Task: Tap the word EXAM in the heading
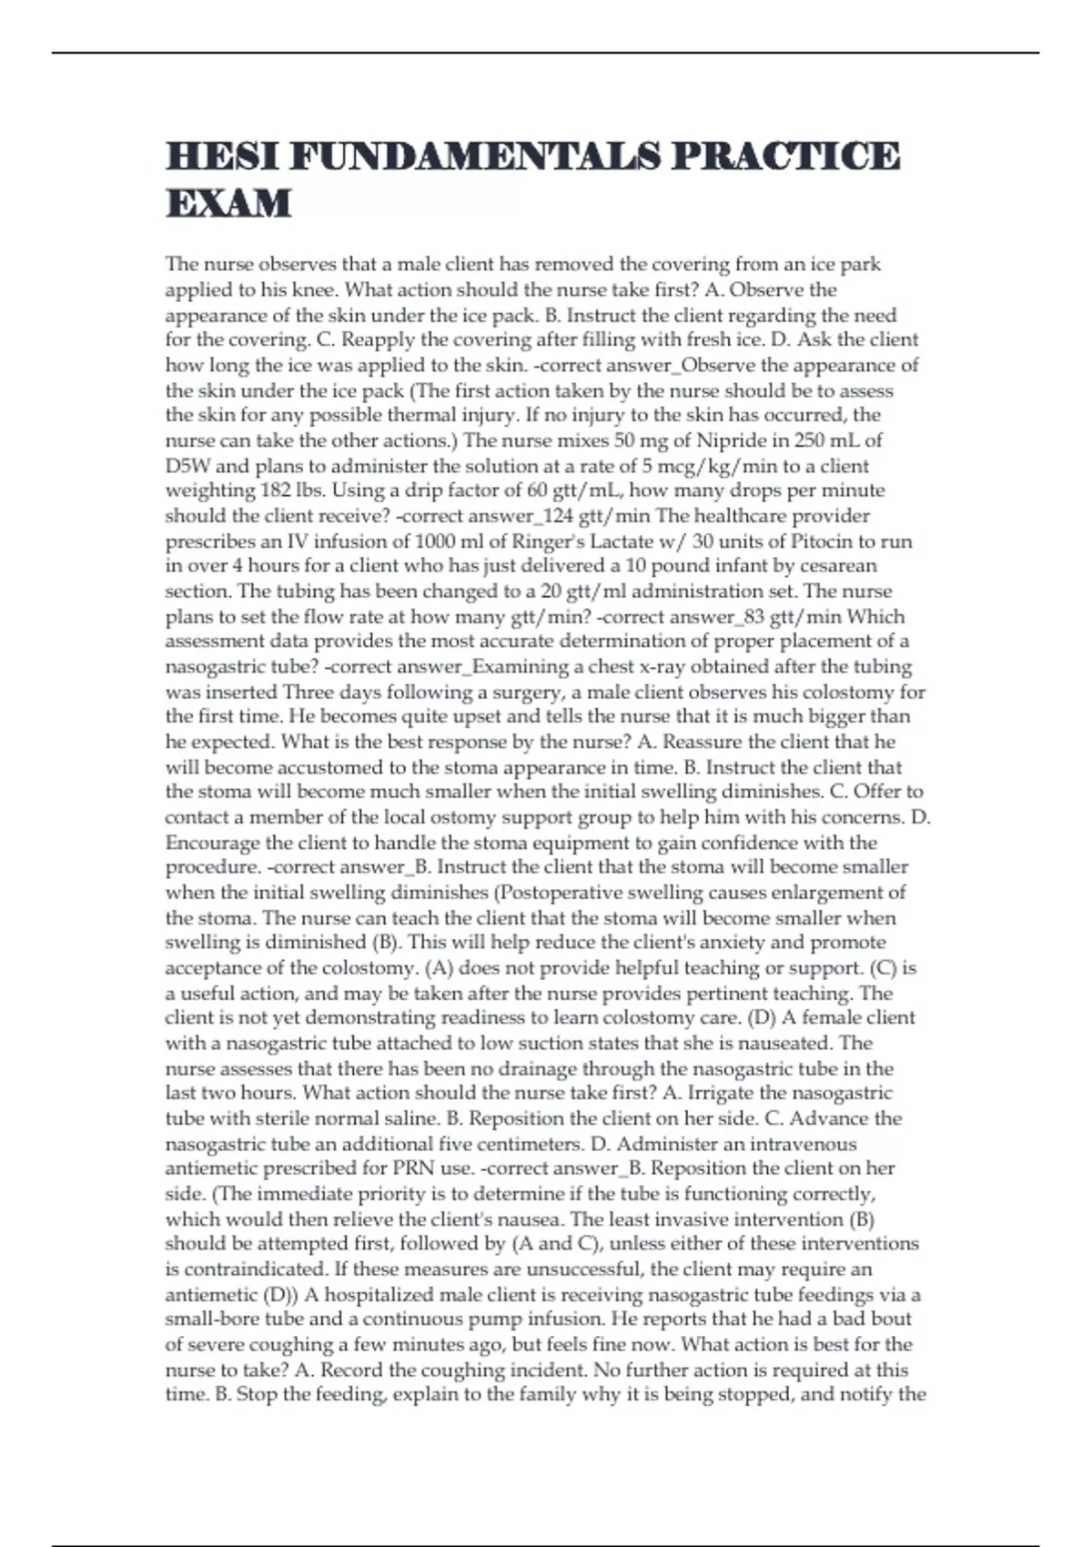coord(228,203)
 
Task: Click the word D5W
coord(188,466)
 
